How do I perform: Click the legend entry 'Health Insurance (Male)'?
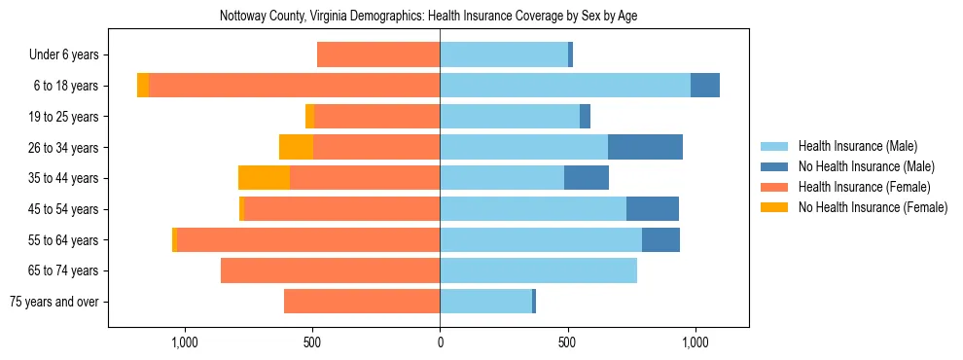click(x=857, y=147)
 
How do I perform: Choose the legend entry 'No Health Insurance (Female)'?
click(x=873, y=207)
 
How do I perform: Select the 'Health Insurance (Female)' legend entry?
click(x=864, y=187)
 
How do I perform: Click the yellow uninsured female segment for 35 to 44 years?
click(x=264, y=178)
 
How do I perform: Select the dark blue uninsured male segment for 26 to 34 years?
click(x=645, y=147)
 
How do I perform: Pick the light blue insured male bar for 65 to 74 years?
click(x=538, y=270)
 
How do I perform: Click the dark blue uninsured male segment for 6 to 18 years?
click(x=705, y=86)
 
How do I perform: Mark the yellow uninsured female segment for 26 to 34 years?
click(x=296, y=147)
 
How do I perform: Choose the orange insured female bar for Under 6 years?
click(x=378, y=55)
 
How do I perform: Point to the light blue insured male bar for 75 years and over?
click(x=485, y=302)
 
